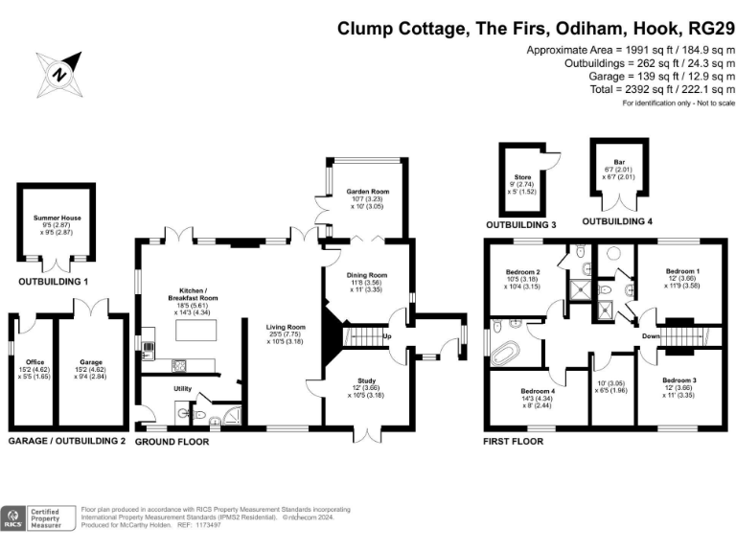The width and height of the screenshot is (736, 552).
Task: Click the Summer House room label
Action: (59, 218)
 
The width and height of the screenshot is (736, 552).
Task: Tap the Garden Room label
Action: (368, 192)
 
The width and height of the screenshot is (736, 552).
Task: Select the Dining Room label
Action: (368, 275)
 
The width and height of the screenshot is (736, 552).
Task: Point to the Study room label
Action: (368, 380)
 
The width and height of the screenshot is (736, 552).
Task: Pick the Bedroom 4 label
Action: (537, 392)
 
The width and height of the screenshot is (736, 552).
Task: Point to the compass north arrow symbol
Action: (58, 72)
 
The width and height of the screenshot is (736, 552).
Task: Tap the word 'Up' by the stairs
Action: (387, 336)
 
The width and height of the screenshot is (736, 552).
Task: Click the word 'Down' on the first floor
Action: (650, 336)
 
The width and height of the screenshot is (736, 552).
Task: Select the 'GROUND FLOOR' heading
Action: (172, 442)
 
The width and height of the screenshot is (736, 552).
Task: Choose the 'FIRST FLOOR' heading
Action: (514, 442)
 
